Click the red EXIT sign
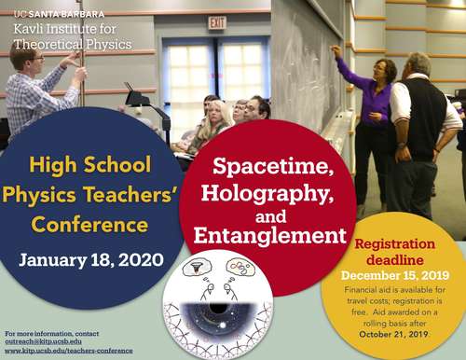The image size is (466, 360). coord(216,21)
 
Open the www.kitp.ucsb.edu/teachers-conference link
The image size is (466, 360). coord(67,351)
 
